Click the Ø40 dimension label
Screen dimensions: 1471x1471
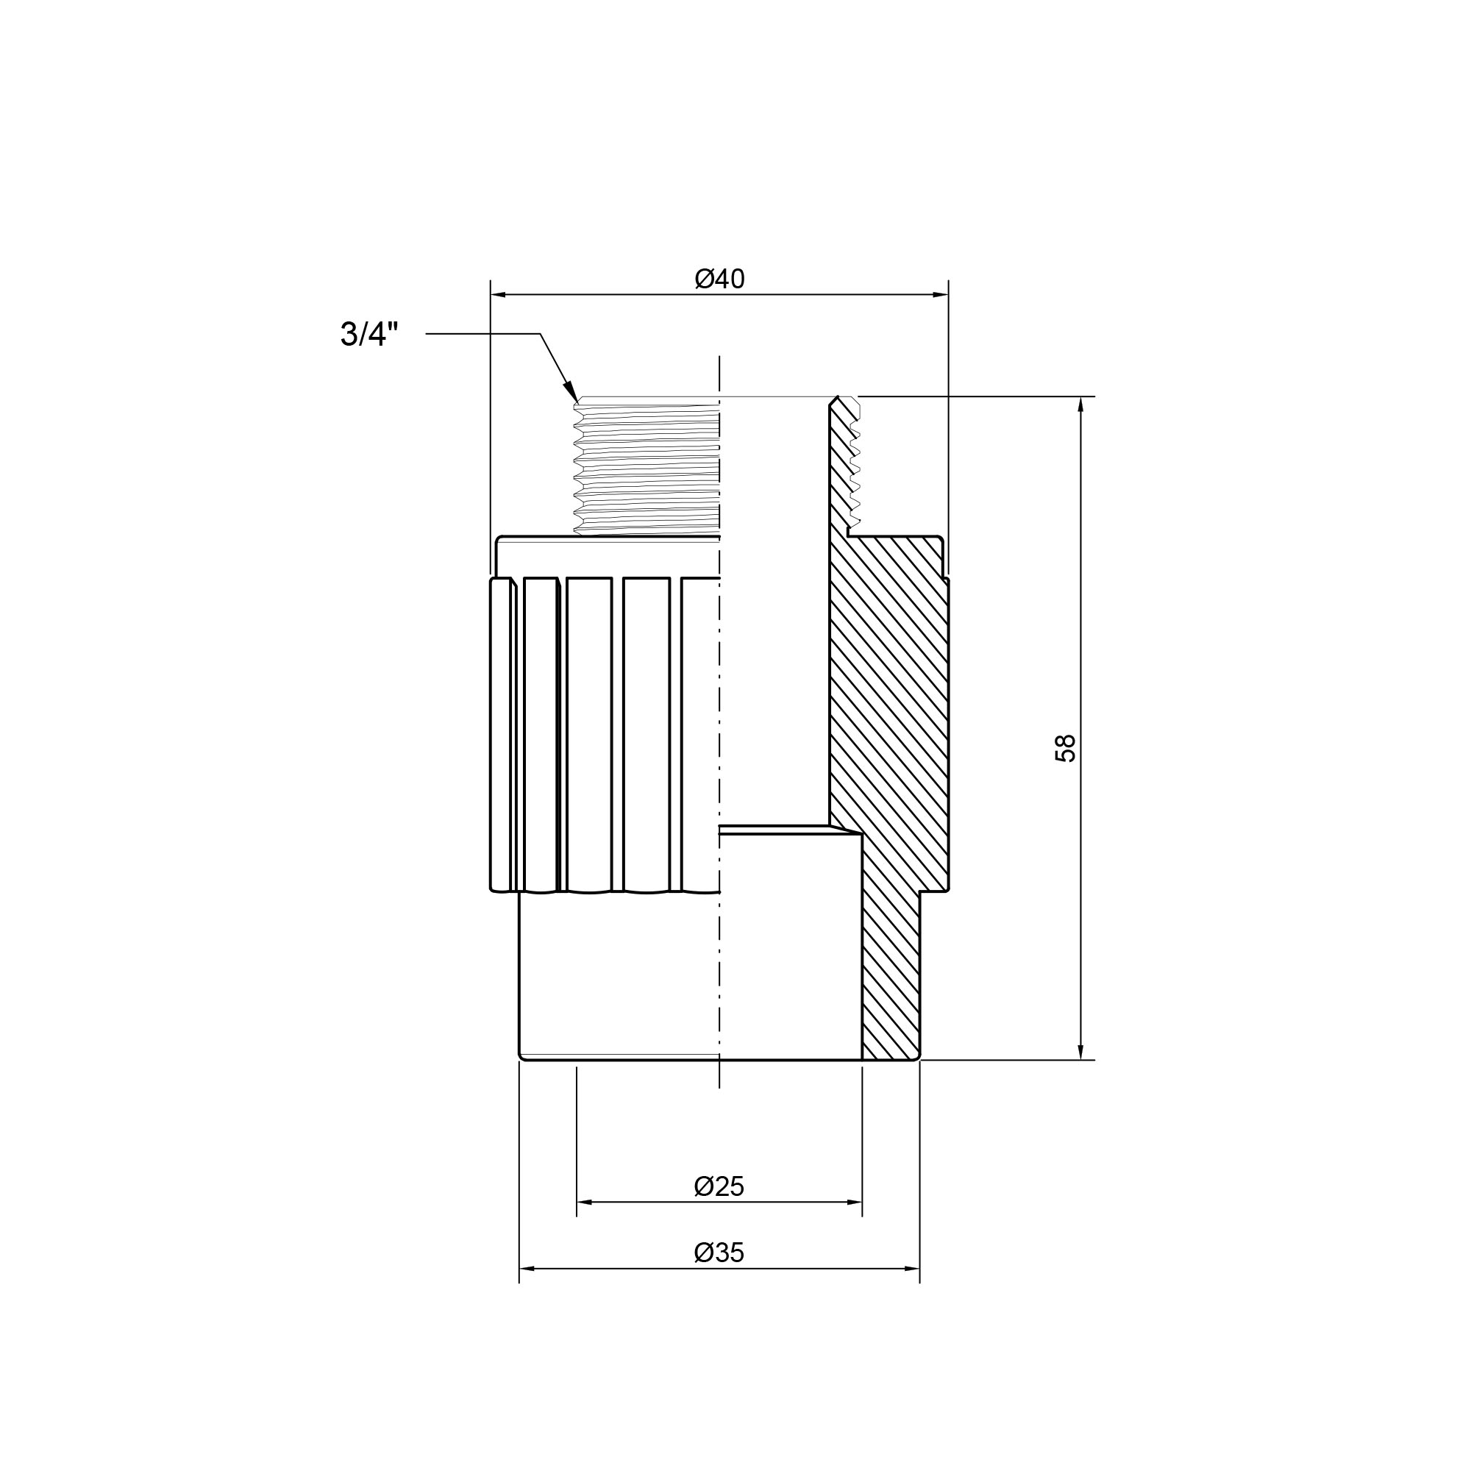tap(719, 279)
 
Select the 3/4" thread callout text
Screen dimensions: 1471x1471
tap(369, 334)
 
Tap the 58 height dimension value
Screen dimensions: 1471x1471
tap(1065, 749)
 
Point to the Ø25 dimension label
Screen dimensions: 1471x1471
tap(719, 1186)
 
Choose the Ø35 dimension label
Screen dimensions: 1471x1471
tap(719, 1253)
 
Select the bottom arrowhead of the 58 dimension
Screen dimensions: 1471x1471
tap(1080, 1052)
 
